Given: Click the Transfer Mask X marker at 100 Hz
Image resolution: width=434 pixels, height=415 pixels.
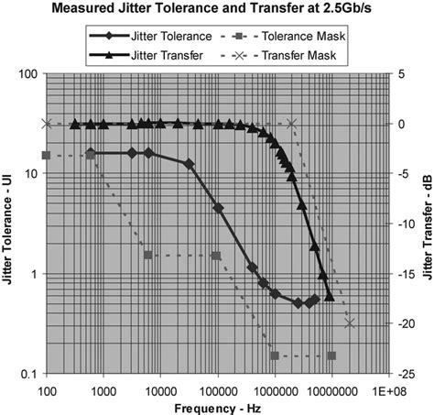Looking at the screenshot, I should click(47, 124).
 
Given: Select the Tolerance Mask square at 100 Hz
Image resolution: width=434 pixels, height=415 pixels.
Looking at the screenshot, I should click(47, 156).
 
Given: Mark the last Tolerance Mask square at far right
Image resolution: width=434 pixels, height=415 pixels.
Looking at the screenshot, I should click(331, 355).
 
